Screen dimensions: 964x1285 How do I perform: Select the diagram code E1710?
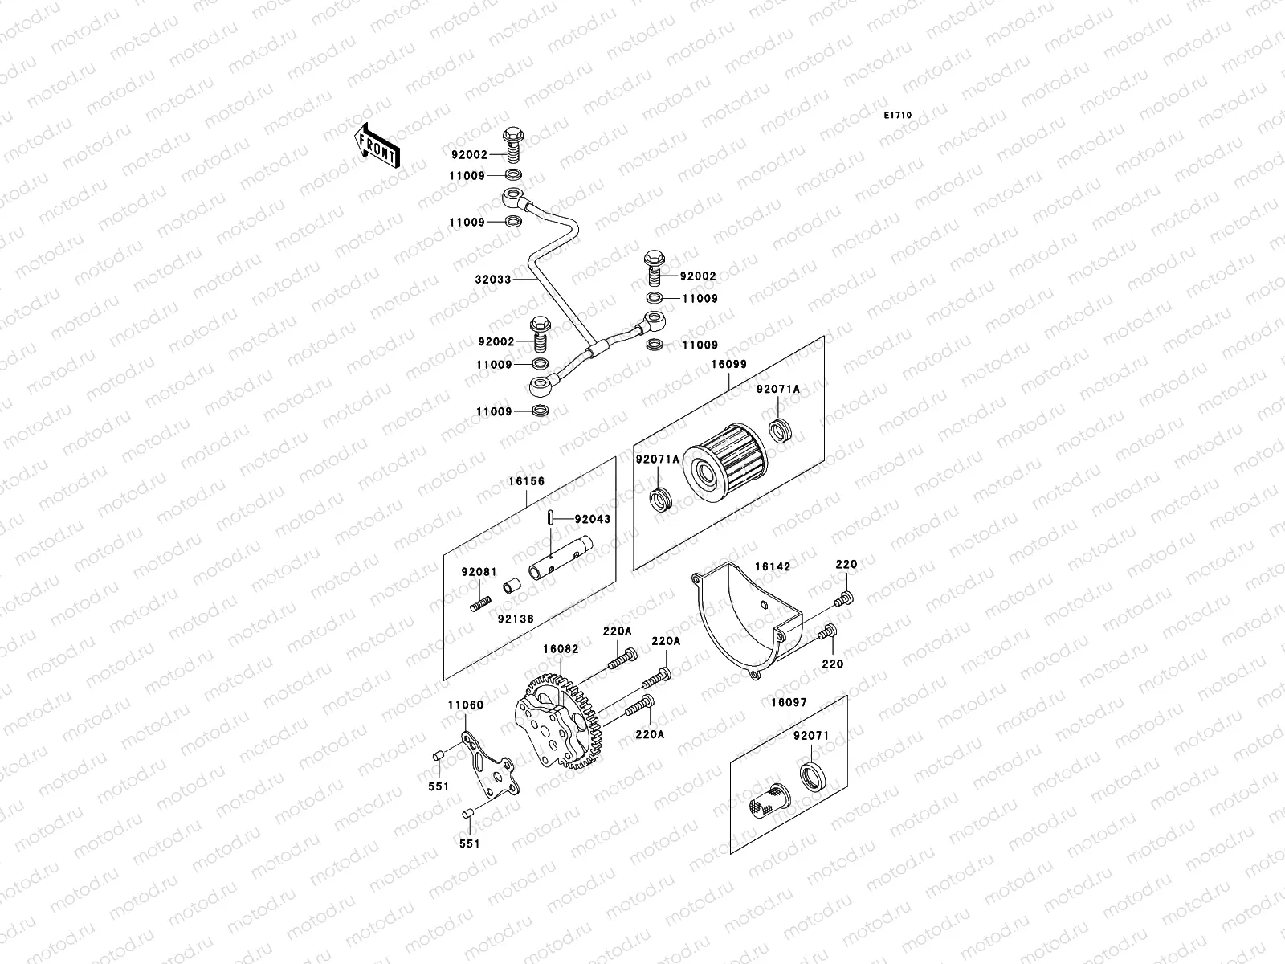(898, 116)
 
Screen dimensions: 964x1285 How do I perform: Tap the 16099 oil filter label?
(728, 364)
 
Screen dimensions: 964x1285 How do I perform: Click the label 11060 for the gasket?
(466, 705)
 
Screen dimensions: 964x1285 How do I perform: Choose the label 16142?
(772, 566)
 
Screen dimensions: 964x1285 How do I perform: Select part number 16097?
(789, 702)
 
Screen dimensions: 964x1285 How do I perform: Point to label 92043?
(592, 519)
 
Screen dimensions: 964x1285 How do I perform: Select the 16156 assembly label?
(526, 482)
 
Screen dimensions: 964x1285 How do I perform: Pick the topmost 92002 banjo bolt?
(513, 145)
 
